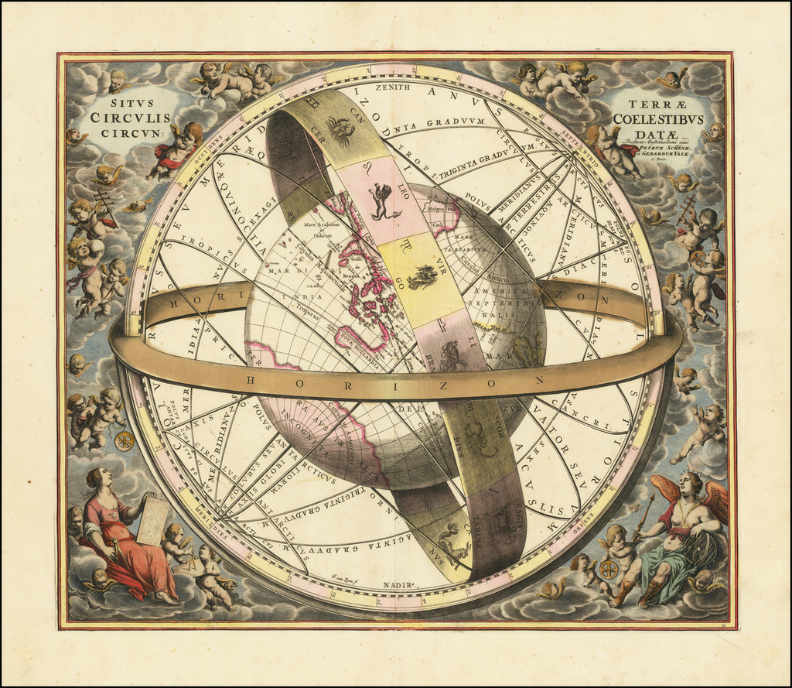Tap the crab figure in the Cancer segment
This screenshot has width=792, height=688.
coord(340,128)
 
